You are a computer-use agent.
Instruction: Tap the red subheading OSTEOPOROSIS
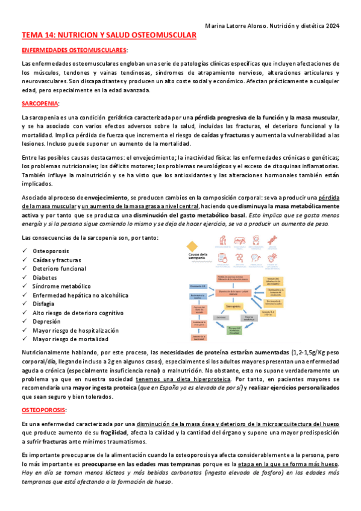coord(44,410)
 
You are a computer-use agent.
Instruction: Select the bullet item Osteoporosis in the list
coord(51,250)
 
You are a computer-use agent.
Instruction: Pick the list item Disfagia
coord(44,304)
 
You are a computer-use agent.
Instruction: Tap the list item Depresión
coord(47,322)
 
